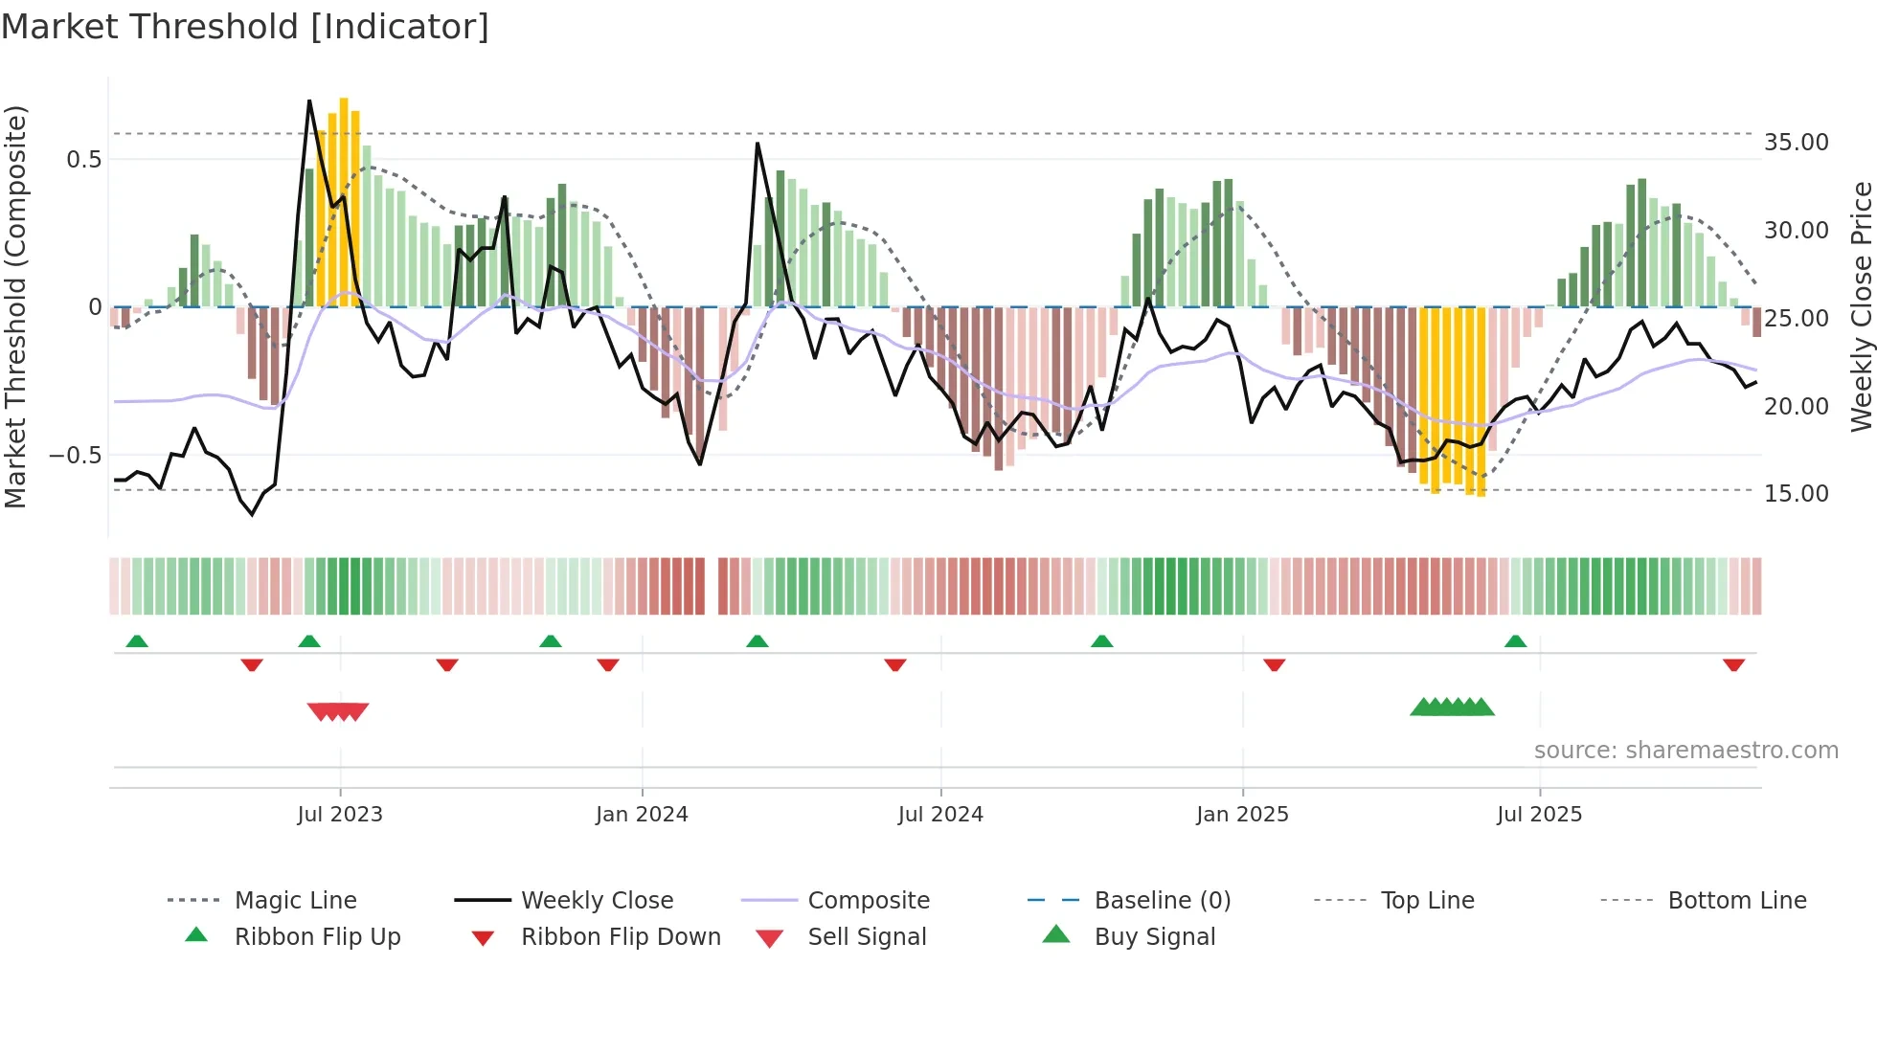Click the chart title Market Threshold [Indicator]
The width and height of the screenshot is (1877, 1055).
tap(245, 27)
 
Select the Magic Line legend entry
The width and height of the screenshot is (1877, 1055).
tap(295, 901)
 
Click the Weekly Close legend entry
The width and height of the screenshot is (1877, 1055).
tap(597, 901)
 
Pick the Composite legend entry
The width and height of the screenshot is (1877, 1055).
tap(868, 901)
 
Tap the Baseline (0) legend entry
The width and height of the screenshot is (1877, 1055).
tap(1162, 901)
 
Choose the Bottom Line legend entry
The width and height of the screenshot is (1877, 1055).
tap(1736, 901)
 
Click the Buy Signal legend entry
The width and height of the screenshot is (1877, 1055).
tap(1154, 937)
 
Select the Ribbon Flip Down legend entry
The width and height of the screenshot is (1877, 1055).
tap(620, 937)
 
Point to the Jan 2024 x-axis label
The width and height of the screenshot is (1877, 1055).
tap(642, 815)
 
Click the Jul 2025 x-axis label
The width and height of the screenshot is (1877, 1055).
tap(1539, 815)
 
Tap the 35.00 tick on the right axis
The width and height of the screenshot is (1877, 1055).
tap(1796, 143)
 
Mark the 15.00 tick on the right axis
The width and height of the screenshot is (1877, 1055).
tap(1796, 494)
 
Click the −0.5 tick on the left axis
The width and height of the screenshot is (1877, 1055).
tap(75, 456)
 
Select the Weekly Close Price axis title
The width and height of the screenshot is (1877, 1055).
tap(1861, 306)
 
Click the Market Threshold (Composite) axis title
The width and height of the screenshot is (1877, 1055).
tap(15, 306)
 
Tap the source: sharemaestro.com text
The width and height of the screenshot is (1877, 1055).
tap(1685, 751)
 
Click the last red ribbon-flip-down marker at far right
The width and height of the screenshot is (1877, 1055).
tap(1733, 664)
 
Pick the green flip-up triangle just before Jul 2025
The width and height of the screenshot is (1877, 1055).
tap(1515, 641)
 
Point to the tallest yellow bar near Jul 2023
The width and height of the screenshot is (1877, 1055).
tap(344, 201)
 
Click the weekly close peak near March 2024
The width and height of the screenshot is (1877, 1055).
tap(758, 144)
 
